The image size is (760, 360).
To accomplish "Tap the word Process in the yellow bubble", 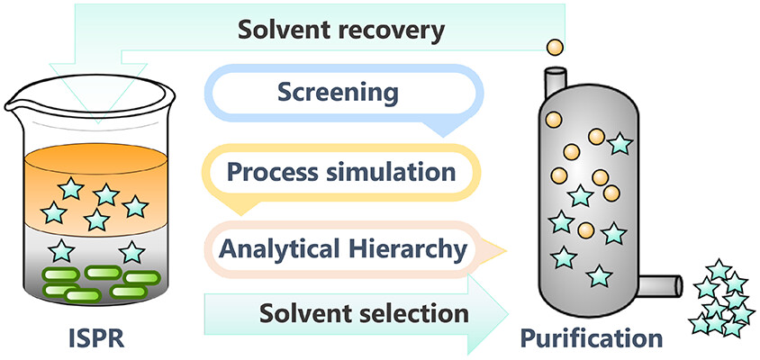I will click(x=267, y=171).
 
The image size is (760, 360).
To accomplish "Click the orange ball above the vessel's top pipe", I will click(x=556, y=47).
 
